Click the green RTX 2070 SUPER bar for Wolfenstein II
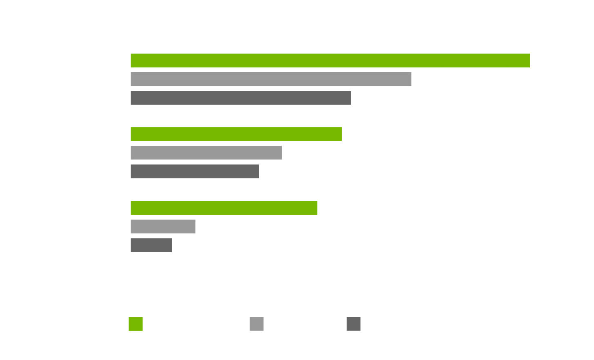[x=330, y=60]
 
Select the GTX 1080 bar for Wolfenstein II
[x=271, y=79]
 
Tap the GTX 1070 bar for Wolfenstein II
[x=240, y=98]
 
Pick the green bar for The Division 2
[x=236, y=134]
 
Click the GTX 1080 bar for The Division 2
[x=206, y=153]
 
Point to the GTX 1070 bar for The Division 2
[x=195, y=171]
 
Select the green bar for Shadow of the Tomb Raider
[x=224, y=208]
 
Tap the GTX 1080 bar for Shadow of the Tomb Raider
[x=163, y=227]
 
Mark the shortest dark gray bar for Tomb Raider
[x=151, y=245]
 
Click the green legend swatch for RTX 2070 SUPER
[x=136, y=324]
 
